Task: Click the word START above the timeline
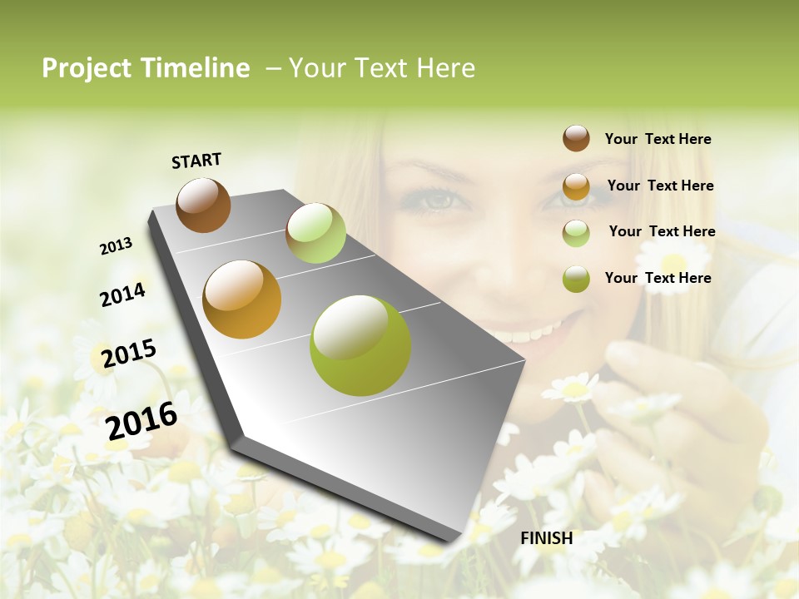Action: coord(196,161)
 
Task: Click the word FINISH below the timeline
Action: coord(546,538)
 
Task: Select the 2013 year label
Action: coord(116,246)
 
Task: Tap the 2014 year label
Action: coord(122,295)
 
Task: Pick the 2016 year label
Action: coord(141,421)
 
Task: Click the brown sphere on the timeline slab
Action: coord(203,205)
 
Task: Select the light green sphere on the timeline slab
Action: coord(315,233)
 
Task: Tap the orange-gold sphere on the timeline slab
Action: coord(242,299)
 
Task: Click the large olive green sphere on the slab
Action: coord(360,345)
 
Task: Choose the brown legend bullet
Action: coord(576,138)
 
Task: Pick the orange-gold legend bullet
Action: coord(576,186)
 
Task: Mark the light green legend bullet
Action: coord(576,233)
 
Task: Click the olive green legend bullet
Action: coord(576,279)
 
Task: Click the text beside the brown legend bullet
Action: coord(658,139)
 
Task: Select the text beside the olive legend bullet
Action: coord(658,278)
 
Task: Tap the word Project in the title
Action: coord(87,68)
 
